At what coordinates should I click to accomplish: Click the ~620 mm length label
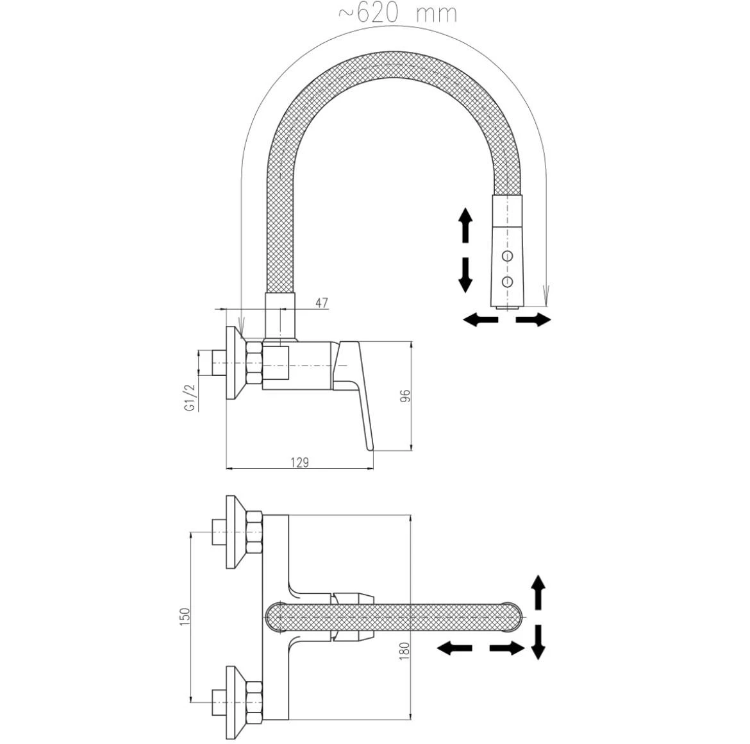[x=397, y=13]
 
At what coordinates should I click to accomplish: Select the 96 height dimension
[x=404, y=396]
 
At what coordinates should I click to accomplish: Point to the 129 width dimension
[x=299, y=462]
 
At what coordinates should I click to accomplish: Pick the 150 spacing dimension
[x=185, y=616]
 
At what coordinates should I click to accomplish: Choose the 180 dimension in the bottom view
[x=404, y=650]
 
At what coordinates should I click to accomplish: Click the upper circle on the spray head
[x=508, y=256]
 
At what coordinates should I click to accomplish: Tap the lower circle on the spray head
[x=508, y=281]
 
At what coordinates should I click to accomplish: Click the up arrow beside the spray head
[x=465, y=224]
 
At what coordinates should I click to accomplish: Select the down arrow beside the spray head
[x=465, y=276]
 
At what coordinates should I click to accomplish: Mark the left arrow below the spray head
[x=480, y=319]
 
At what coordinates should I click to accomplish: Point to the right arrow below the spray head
[x=533, y=319]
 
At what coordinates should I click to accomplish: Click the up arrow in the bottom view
[x=538, y=592]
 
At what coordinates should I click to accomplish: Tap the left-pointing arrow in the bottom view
[x=454, y=648]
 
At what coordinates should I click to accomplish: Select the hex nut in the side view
[x=254, y=364]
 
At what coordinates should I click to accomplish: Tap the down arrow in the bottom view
[x=538, y=642]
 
